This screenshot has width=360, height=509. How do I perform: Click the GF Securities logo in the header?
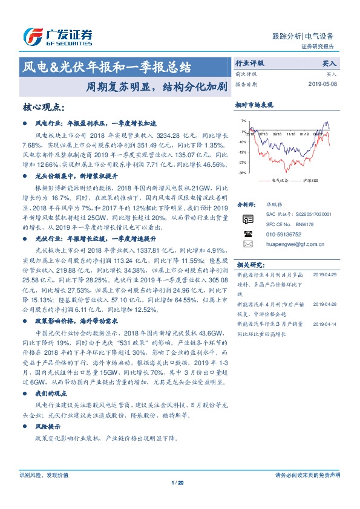57,36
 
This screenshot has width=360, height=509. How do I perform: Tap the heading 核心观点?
43,107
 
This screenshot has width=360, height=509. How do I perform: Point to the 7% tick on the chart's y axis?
243,121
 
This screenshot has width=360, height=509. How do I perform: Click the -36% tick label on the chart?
242,173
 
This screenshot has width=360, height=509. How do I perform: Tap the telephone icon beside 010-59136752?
247,233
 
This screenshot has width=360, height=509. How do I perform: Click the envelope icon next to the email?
247,244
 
